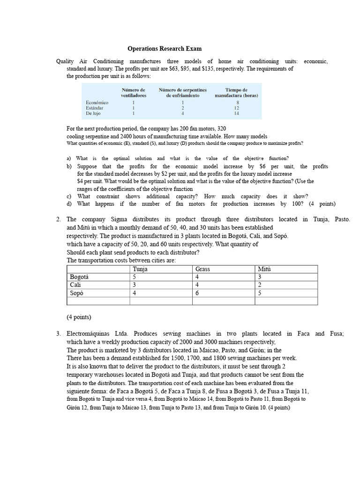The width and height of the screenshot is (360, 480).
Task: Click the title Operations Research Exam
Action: pyautogui.click(x=165, y=49)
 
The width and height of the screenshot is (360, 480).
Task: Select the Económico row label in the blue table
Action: pyautogui.click(x=97, y=102)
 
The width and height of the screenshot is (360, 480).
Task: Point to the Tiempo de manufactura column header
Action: pyautogui.click(x=236, y=92)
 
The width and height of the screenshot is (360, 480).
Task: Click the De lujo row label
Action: pyautogui.click(x=94, y=113)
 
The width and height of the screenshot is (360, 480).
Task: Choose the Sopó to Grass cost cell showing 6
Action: pyautogui.click(x=197, y=293)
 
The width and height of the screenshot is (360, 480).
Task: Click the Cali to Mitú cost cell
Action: pyautogui.click(x=260, y=285)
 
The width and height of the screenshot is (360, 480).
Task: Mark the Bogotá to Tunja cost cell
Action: pyautogui.click(x=135, y=277)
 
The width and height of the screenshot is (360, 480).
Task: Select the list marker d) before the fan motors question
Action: pyautogui.click(x=69, y=204)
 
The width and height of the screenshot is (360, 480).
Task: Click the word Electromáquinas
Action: pyautogui.click(x=92, y=334)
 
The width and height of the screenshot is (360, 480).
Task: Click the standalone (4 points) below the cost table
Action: pyautogui.click(x=79, y=317)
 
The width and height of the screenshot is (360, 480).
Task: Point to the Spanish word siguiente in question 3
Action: pyautogui.click(x=81, y=391)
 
